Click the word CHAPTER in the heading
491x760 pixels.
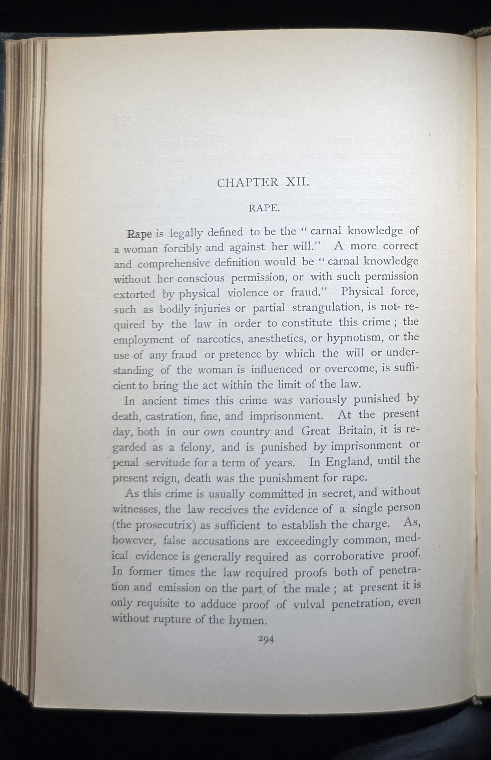pos(248,183)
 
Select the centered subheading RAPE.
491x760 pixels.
pos(263,208)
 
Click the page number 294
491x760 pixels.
pos(266,640)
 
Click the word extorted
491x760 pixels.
pos(134,294)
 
